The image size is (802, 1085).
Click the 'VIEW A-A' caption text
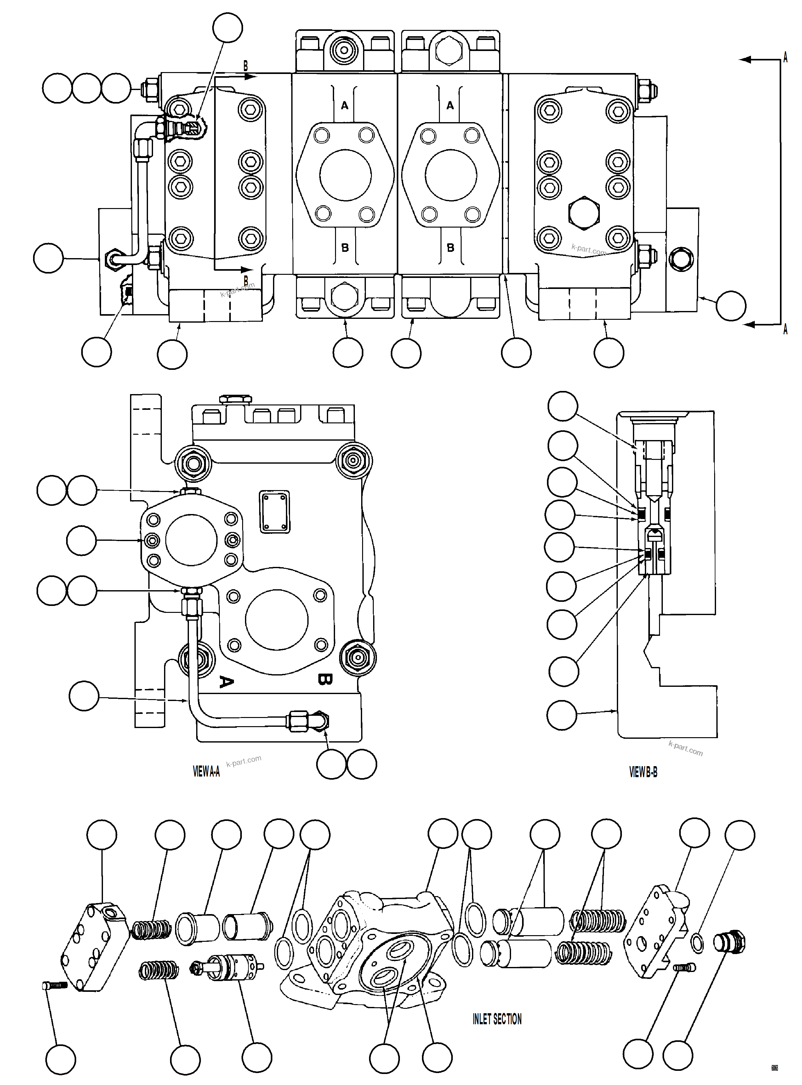click(x=206, y=771)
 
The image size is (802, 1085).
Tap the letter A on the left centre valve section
click(x=345, y=105)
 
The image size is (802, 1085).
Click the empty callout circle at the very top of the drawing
click(x=228, y=28)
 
